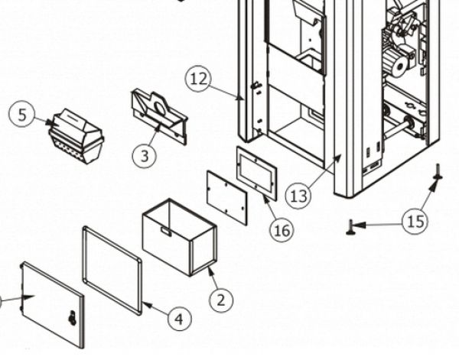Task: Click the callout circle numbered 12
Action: [x=198, y=79]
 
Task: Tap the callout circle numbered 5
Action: [x=22, y=115]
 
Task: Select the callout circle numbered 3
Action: [x=145, y=156]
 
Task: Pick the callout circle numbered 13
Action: [x=298, y=196]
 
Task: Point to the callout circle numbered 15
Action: [x=415, y=222]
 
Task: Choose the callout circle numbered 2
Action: [x=221, y=300]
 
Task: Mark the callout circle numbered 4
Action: [x=180, y=318]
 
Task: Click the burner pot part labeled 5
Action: [x=76, y=136]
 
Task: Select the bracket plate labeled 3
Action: [x=158, y=116]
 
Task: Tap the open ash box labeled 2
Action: [x=180, y=237]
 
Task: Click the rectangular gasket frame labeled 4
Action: [x=112, y=271]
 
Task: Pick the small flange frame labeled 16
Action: [x=256, y=174]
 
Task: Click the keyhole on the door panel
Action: [x=73, y=318]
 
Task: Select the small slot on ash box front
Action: [x=166, y=232]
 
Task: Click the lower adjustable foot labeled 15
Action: [x=350, y=228]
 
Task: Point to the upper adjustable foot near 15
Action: [x=438, y=172]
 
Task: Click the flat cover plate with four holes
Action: [x=227, y=198]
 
